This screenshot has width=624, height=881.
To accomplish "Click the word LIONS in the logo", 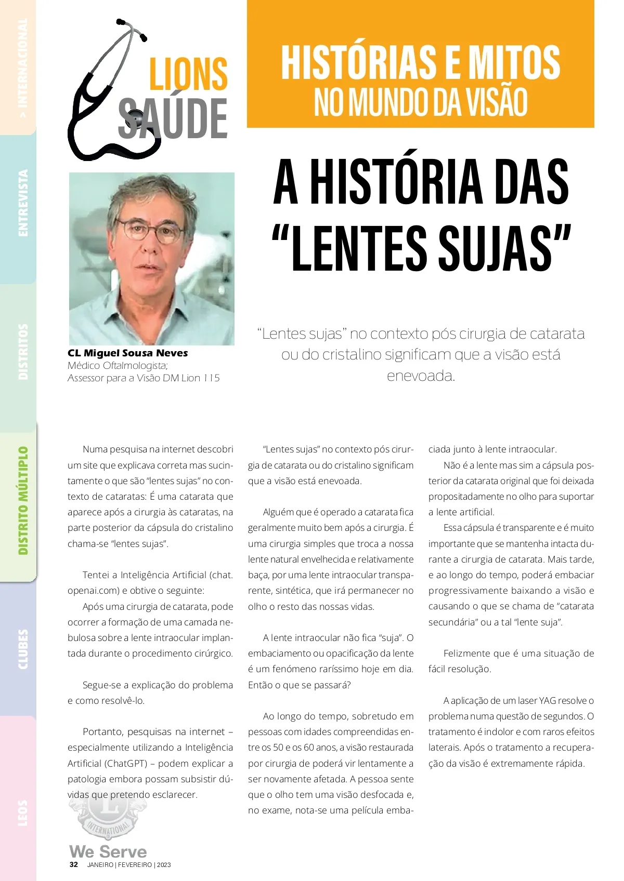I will click(188, 74).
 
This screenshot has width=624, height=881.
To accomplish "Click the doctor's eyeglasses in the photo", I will click(150, 230).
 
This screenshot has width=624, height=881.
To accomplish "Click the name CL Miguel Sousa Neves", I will click(128, 353).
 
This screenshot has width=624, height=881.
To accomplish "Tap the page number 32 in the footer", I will click(74, 865).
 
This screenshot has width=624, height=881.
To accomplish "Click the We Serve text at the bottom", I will click(108, 852).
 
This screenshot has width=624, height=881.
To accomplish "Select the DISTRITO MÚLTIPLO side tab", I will click(23, 501).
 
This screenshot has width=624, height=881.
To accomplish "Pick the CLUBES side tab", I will click(23, 649).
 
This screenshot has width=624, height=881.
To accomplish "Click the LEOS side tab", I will click(23, 813).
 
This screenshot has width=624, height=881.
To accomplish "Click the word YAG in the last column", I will click(547, 701).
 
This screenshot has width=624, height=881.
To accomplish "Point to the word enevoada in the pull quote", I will click(421, 376).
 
